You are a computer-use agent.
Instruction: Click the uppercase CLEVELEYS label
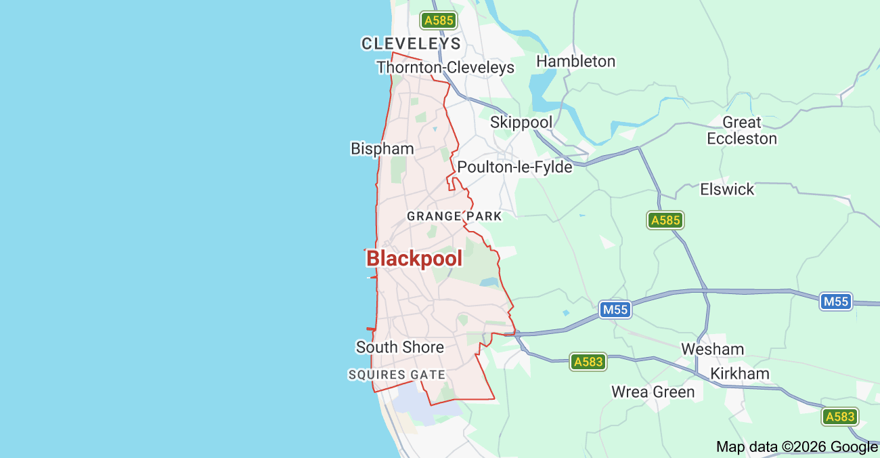point(411,44)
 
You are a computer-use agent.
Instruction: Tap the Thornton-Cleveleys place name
point(445,68)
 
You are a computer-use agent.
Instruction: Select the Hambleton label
point(575,62)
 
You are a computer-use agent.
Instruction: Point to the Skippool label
point(521,123)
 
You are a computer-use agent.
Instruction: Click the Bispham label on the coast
point(382,149)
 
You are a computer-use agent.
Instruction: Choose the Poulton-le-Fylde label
point(514,167)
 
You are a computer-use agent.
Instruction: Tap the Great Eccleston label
point(742,131)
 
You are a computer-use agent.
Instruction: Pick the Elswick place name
point(727,190)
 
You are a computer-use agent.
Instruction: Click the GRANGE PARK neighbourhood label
point(454,217)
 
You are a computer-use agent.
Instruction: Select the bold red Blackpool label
point(414,259)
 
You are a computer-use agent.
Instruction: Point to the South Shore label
point(400,348)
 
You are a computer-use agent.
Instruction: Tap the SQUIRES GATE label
point(397,375)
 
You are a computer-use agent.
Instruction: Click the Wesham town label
point(712,350)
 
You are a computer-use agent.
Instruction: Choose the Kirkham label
point(739,374)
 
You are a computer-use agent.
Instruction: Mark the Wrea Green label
point(653,392)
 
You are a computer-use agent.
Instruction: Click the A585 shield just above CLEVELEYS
point(438,20)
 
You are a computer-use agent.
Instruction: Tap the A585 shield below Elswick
point(665,220)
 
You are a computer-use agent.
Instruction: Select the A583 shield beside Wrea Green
point(588,362)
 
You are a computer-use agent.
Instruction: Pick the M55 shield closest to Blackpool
point(615,310)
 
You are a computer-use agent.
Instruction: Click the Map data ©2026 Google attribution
point(797,447)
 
